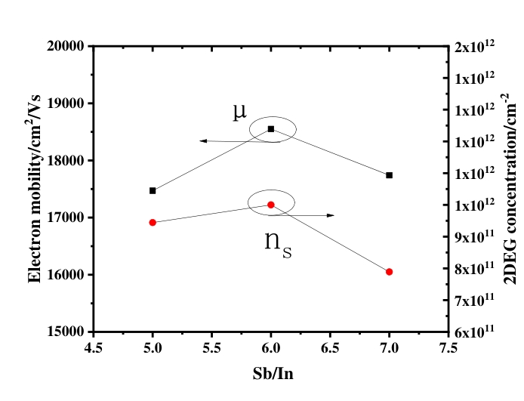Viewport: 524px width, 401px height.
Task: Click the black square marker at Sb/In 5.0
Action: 153,190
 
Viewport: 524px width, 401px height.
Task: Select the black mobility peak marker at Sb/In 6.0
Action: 271,129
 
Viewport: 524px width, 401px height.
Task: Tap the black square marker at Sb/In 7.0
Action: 389,175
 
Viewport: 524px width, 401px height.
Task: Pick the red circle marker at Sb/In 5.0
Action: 153,223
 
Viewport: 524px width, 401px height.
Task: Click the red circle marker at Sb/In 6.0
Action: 271,205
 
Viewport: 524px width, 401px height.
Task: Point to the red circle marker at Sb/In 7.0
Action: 389,272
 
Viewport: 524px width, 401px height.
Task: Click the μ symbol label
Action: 239,112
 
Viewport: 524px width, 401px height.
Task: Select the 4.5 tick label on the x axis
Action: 93,348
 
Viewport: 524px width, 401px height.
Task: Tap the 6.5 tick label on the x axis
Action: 330,348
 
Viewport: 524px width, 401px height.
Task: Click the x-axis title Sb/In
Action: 271,374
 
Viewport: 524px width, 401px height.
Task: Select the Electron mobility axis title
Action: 35,189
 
